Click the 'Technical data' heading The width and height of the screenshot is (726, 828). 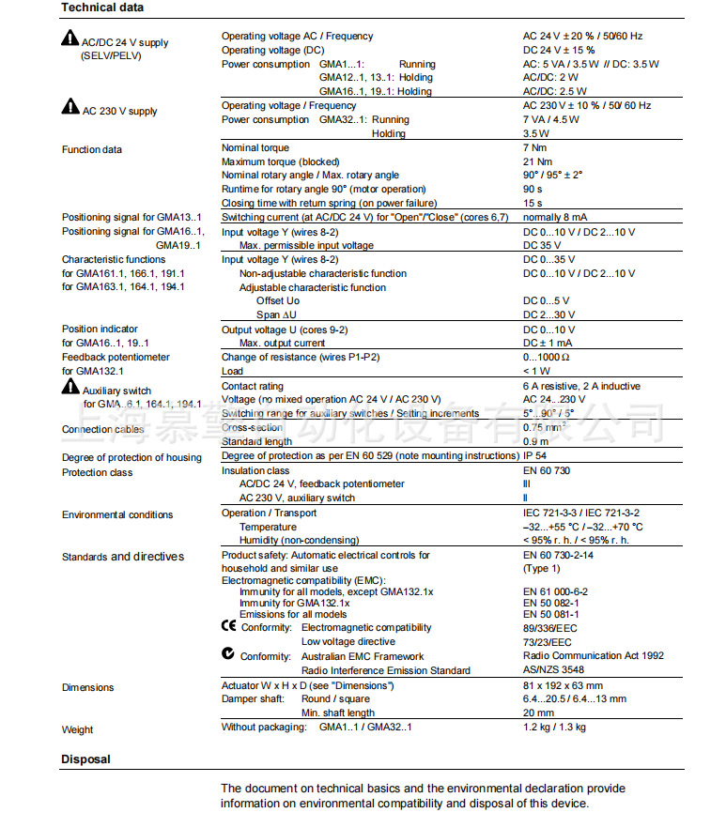102,8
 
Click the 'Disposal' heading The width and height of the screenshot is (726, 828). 85,759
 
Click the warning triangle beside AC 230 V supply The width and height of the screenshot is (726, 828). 70,109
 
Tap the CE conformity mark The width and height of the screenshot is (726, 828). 228,626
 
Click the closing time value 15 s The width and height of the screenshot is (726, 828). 533,203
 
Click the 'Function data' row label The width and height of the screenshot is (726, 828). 92,150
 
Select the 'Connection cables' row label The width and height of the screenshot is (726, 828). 103,430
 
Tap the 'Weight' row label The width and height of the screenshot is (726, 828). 78,729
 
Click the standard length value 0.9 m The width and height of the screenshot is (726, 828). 536,441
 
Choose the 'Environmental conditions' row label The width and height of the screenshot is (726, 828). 117,514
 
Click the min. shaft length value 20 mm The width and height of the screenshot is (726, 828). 538,713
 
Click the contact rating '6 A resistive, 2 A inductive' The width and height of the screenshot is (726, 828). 581,386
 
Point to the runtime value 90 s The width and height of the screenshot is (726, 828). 533,189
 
